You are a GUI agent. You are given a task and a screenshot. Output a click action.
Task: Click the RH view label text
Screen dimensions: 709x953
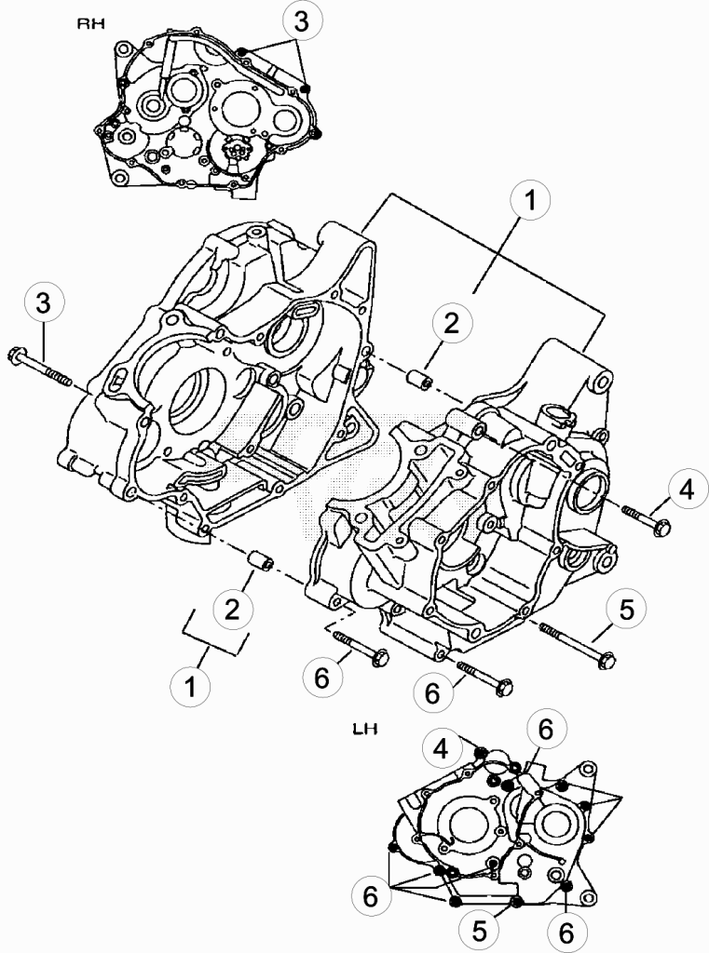tap(90, 23)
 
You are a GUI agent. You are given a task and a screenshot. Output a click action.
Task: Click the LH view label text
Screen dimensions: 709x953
tap(364, 728)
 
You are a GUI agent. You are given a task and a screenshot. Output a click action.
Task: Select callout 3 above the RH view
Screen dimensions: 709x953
tap(301, 22)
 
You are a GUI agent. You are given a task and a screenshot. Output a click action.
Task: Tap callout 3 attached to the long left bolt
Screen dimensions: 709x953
tap(43, 303)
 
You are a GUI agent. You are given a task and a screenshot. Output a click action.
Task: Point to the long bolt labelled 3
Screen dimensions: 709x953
tap(40, 366)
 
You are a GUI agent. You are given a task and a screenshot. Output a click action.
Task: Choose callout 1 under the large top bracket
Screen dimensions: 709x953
tap(529, 199)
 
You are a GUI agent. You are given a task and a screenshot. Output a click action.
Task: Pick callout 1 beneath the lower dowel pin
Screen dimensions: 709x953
tap(190, 686)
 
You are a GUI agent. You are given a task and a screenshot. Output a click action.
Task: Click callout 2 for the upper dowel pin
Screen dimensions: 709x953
tap(451, 325)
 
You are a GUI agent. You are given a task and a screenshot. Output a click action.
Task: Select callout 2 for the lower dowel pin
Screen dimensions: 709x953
tap(232, 609)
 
